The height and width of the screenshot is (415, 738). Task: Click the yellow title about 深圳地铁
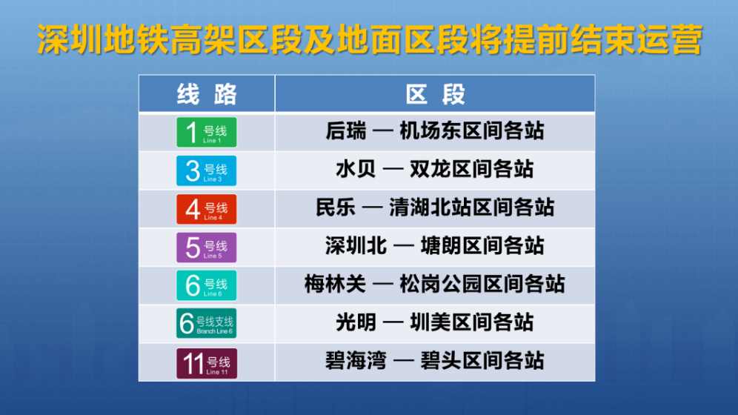370,39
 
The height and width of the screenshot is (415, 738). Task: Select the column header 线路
207,94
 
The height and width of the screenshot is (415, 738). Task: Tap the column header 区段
435,94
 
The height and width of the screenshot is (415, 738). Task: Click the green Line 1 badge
207,132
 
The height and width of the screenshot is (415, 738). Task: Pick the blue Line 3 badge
207,170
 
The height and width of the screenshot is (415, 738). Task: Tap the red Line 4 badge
207,210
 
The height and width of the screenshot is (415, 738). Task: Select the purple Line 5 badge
207,248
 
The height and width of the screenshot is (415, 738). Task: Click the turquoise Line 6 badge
207,285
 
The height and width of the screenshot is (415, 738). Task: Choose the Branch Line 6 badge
207,323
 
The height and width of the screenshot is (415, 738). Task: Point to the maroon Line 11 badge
207,363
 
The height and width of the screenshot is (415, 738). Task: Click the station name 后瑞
346,131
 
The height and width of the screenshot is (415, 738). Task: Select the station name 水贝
356,170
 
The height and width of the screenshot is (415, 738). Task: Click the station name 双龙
430,170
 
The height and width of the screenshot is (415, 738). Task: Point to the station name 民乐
336,207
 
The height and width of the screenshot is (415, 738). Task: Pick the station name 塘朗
441,246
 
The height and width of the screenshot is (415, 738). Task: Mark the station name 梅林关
335,284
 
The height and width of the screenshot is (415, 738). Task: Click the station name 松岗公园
442,284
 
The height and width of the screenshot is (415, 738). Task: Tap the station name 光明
356,322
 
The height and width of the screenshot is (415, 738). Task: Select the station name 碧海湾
356,361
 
